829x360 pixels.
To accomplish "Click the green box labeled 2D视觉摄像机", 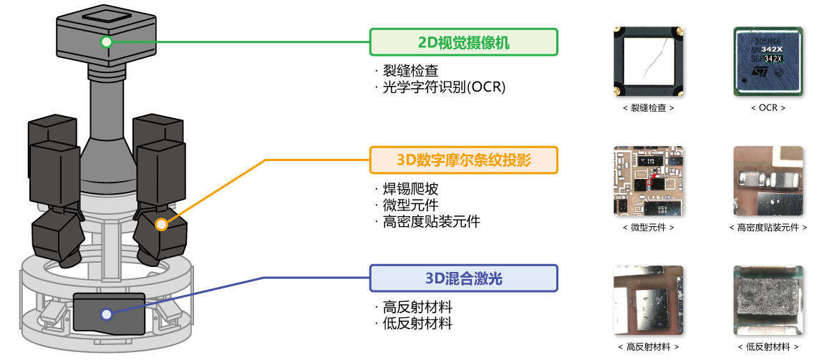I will point(463,42).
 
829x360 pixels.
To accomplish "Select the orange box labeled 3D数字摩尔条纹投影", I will point(463,160).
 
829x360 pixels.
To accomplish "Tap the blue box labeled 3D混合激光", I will point(463,278).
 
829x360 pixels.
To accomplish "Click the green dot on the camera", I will point(106,42).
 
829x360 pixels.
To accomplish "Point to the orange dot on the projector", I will point(162,225).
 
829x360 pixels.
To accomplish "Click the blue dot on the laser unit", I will point(106,313).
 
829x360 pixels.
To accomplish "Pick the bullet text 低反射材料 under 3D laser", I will point(417,323).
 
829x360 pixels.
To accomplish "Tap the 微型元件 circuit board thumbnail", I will point(649,181).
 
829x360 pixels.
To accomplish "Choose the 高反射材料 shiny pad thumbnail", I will point(649,300).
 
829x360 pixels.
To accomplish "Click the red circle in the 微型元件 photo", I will point(650,183).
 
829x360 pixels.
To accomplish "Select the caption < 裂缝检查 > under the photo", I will point(649,108).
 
